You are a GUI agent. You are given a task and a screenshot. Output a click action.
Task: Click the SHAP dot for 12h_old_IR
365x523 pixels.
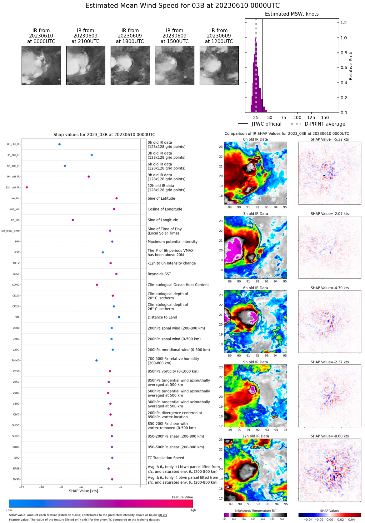click(27, 187)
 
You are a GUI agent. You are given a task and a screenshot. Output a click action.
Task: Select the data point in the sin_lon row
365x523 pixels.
click(73, 220)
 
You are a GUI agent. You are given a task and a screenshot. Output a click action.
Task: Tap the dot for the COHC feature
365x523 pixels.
click(97, 285)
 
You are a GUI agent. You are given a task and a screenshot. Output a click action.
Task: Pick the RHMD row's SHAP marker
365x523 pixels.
click(97, 361)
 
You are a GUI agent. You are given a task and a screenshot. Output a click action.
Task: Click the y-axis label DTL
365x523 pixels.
click(17, 317)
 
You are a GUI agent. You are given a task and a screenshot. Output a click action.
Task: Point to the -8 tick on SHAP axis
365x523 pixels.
click(61, 487)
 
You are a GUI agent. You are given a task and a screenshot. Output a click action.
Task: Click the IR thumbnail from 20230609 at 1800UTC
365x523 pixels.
click(130, 65)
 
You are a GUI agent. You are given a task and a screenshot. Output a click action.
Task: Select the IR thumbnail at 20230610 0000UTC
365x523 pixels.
click(41, 65)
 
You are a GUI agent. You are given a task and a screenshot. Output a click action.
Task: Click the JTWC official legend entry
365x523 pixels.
click(260, 124)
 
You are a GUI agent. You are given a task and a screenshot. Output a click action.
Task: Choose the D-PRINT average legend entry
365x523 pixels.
click(318, 124)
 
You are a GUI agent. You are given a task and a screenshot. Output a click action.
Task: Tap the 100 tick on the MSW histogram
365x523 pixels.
click(297, 117)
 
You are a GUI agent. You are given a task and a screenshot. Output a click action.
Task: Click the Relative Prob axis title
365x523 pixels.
click(351, 66)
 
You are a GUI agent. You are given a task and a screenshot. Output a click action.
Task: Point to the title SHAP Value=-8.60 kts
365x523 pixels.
click(330, 436)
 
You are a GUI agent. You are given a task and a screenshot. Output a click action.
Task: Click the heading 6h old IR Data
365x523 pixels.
click(255, 288)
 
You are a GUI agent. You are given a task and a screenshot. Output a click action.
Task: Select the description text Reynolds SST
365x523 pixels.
click(159, 274)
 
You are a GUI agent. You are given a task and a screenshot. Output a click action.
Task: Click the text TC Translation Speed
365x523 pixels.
click(166, 458)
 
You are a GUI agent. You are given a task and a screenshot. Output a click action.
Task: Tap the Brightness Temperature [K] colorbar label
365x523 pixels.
click(255, 511)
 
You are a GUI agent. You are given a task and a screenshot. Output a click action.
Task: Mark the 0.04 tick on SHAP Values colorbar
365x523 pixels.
click(351, 520)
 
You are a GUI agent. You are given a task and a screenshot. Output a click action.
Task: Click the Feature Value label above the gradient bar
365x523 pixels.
click(182, 497)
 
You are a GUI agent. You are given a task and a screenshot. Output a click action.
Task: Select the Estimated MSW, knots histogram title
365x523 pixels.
click(292, 14)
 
